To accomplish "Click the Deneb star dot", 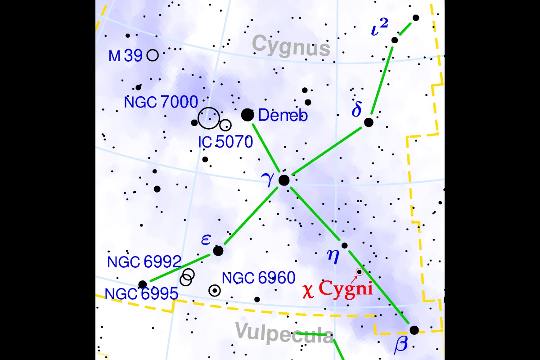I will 247,115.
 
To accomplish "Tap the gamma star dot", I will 284,180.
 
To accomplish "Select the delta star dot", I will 369,122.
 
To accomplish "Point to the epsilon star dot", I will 218,251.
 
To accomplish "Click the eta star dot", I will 345,245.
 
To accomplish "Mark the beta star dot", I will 414,330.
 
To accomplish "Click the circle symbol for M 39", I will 153,55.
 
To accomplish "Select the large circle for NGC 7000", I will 208,118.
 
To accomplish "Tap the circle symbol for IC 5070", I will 225,125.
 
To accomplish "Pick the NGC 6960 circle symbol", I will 215,291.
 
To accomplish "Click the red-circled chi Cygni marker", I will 359,272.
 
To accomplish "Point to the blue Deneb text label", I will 283,116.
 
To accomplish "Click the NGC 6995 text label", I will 141,294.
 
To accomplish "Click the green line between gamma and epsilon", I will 251,216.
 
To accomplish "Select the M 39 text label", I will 126,56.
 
